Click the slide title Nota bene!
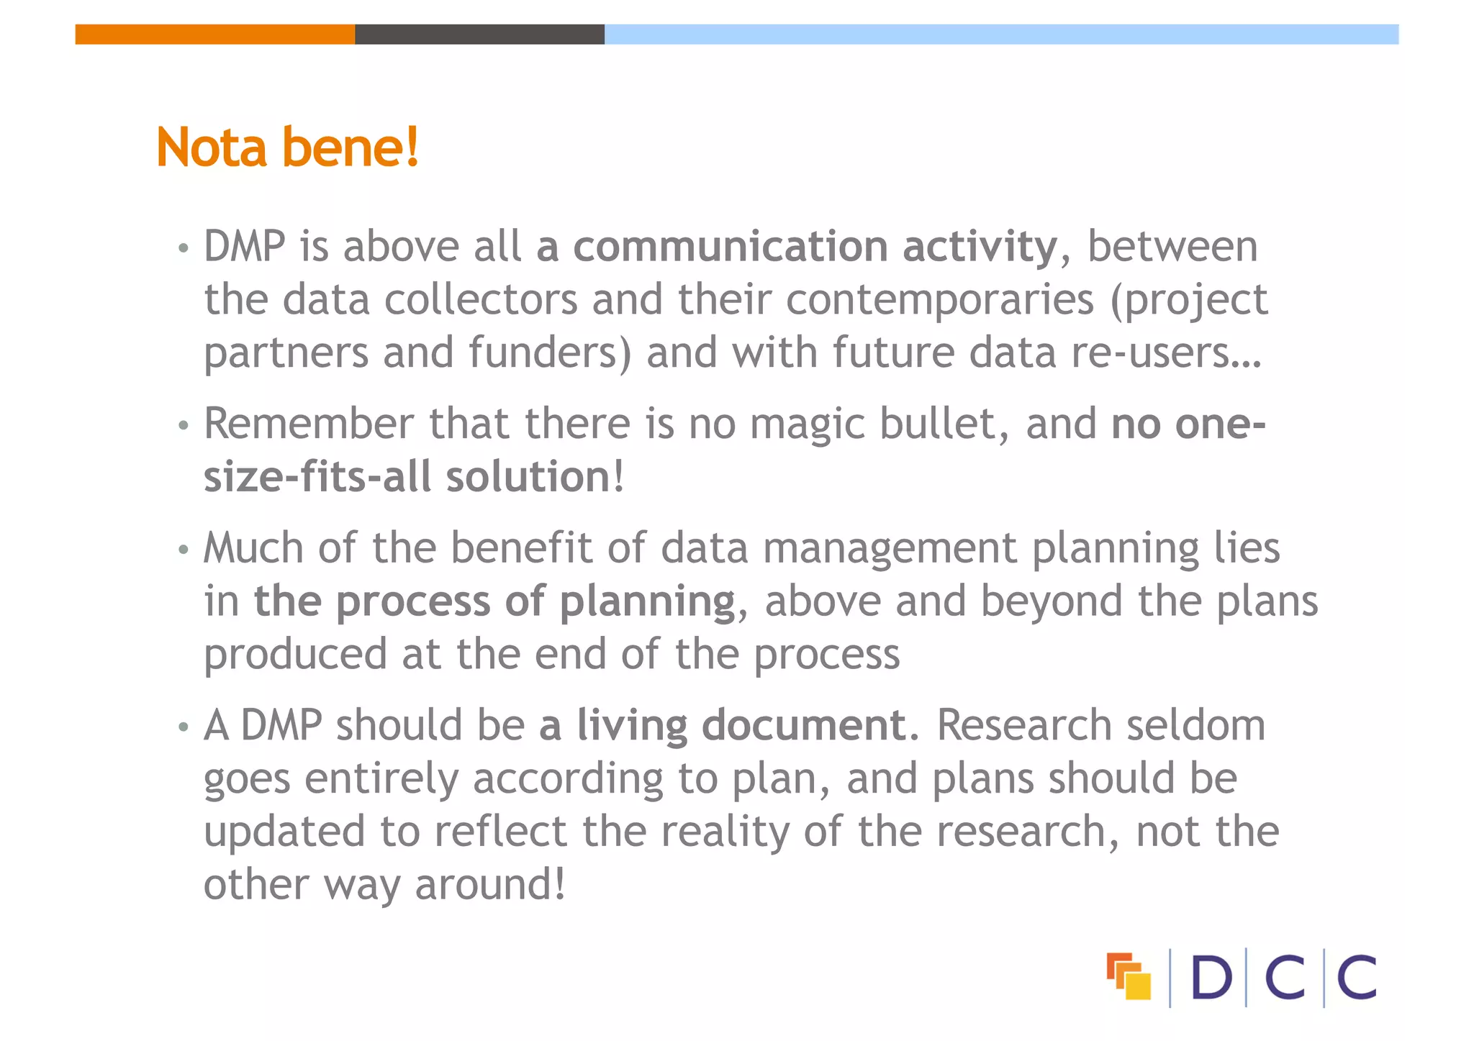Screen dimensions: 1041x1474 tap(287, 147)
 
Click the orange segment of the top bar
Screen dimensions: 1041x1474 tap(214, 35)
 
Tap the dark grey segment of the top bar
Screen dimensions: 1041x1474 tap(479, 35)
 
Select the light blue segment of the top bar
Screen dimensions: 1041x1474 tap(1001, 35)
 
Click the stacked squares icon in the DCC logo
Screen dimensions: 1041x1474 tap(1129, 976)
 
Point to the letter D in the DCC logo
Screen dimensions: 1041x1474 tap(1211, 978)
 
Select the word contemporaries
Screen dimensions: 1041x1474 tap(940, 299)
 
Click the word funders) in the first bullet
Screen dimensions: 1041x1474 tap(550, 353)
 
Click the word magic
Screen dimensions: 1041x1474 tap(807, 424)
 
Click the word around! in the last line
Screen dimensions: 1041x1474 tap(490, 884)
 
